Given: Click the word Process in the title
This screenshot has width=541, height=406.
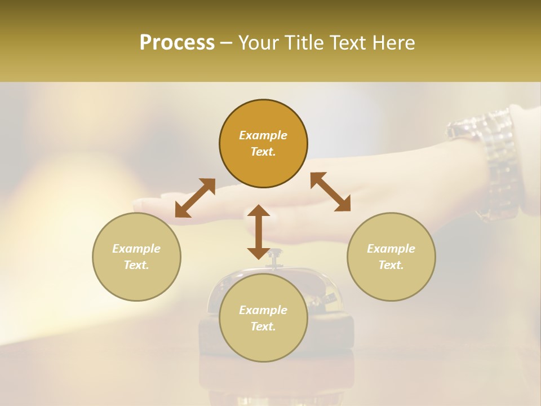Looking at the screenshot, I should coord(177,43).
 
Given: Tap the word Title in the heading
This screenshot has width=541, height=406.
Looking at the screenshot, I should coord(305,43).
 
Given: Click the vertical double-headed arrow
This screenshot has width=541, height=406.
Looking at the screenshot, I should coord(259,232).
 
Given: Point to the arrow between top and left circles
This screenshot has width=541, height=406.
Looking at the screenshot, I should coord(195,198).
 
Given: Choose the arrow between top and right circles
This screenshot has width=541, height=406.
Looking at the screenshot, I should coord(331,192).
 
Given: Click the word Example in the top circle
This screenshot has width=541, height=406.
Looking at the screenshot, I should coord(263,135).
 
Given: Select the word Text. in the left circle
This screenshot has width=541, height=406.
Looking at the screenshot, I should coord(136,265).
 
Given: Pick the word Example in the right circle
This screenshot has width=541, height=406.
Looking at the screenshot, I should coord(391,249).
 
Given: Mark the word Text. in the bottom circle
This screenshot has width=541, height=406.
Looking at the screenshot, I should coord(263,326).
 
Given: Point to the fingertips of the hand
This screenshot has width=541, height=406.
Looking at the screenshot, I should coord(141,204).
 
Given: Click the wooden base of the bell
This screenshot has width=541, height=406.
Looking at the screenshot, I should coord(332,333).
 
